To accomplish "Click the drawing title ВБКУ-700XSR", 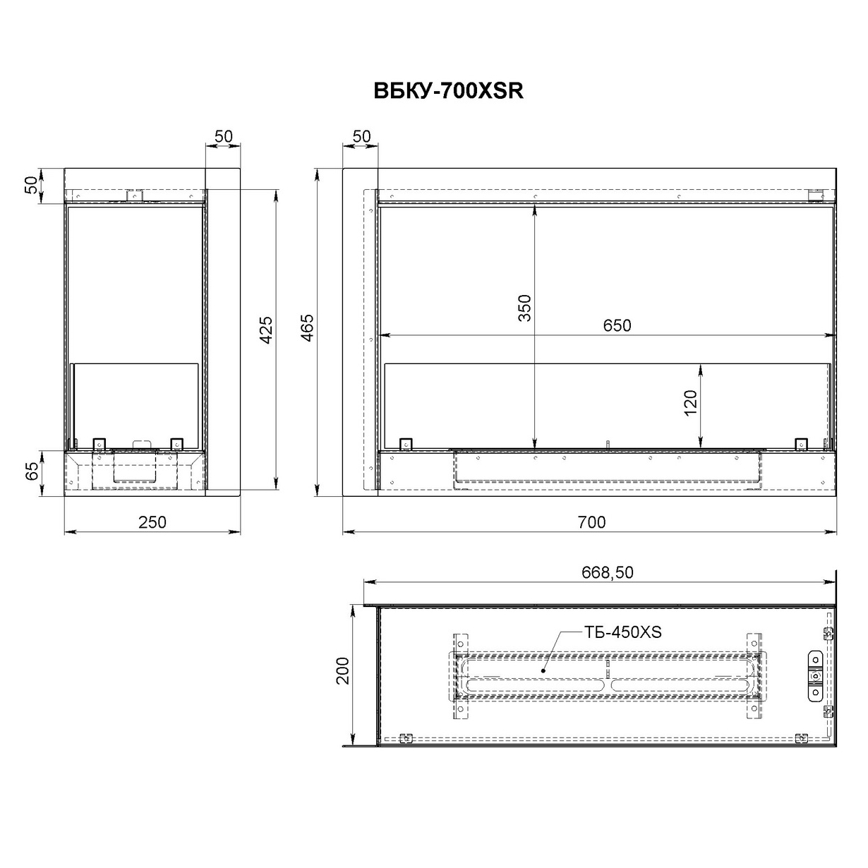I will pyautogui.click(x=447, y=92).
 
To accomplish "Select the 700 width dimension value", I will pyautogui.click(x=591, y=522).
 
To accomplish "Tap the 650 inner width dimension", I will pyautogui.click(x=617, y=325).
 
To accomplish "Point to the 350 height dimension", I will pyautogui.click(x=524, y=308).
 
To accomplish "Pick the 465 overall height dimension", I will pyautogui.click(x=308, y=328).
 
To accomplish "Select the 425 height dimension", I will pyautogui.click(x=266, y=330).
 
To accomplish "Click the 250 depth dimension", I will pyautogui.click(x=152, y=522).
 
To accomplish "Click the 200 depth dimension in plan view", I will pyautogui.click(x=342, y=670).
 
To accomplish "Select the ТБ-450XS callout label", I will pyautogui.click(x=622, y=632).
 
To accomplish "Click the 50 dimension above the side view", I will pyautogui.click(x=223, y=136).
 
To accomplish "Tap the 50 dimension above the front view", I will pyautogui.click(x=361, y=136).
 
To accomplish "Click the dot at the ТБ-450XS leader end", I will pyautogui.click(x=542, y=671).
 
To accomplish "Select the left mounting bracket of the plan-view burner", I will pyautogui.click(x=460, y=676).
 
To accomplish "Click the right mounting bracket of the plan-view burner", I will pyautogui.click(x=754, y=676).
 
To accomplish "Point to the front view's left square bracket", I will pyautogui.click(x=406, y=443).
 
